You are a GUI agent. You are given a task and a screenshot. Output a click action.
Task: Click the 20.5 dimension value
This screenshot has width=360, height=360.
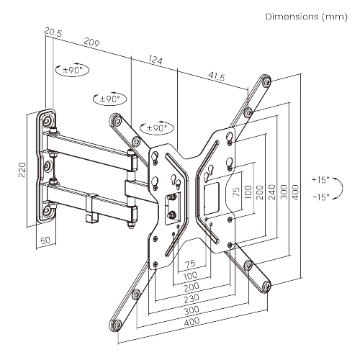52,32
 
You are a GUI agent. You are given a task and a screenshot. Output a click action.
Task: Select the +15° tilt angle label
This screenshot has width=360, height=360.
320,179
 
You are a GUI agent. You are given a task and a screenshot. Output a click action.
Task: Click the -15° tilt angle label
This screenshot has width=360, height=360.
320,196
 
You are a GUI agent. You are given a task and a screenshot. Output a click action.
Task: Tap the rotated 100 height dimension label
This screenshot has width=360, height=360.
248,192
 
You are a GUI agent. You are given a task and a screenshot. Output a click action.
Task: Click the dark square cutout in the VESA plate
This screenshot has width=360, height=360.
210,193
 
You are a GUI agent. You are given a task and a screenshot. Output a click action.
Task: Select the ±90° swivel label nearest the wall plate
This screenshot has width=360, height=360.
72,70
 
